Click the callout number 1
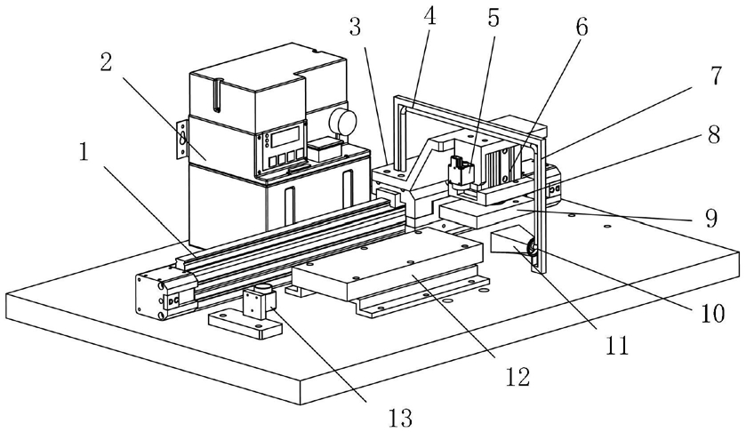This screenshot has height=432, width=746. pos(84,153)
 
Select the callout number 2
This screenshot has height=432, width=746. pos(106,62)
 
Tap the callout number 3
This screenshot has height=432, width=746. pos(356,28)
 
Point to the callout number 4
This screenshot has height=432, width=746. pos(429,17)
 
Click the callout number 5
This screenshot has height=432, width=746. pos(493,17)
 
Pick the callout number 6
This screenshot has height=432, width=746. pos(582,28)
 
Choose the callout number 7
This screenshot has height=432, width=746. pos(716,76)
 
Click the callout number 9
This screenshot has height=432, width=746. pos(710,219)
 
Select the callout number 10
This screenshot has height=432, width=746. pos(712,313)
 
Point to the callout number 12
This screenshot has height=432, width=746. pos(517,377)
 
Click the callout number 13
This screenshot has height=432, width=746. pos(399,418)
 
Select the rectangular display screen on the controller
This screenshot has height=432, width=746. pos(285,137)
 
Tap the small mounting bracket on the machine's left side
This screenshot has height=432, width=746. pos(182,139)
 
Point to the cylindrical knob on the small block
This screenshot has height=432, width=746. pos(262,288)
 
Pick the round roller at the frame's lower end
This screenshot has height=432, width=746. pos(532,247)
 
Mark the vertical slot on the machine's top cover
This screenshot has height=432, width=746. pos(217,96)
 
